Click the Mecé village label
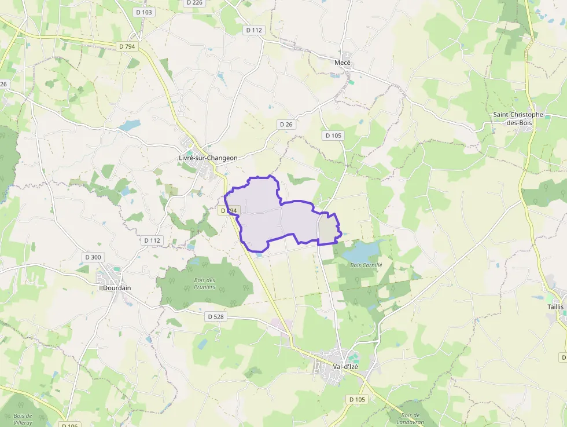[343, 63]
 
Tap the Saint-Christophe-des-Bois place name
[518, 118]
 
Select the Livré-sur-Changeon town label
[208, 158]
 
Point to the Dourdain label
[116, 288]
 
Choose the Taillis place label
[555, 306]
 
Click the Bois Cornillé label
[366, 265]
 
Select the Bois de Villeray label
[23, 419]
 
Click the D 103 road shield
[143, 12]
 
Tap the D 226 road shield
[194, 3]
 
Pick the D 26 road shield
[286, 125]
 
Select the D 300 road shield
[93, 257]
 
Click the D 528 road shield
[215, 316]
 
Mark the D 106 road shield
[68, 425]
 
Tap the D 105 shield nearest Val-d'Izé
[358, 399]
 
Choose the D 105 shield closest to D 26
[333, 136]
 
